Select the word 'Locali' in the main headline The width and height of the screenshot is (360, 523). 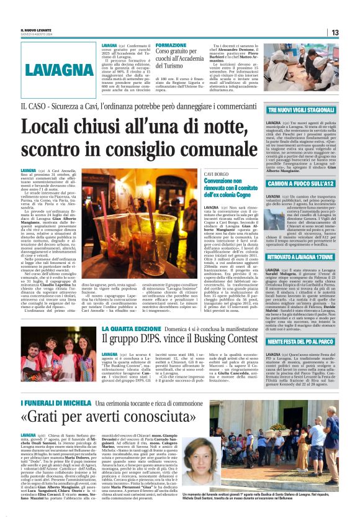pos(49,128)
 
